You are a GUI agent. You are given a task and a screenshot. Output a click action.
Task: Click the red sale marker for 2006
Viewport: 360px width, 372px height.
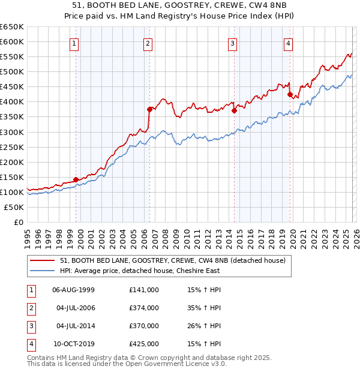pos(149,109)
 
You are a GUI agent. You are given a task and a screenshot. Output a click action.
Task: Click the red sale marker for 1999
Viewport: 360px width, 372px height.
pos(76,179)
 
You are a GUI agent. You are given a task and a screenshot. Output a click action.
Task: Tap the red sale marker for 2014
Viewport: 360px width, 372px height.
pos(234,110)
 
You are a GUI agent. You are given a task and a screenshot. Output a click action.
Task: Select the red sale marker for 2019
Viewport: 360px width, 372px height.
pos(290,94)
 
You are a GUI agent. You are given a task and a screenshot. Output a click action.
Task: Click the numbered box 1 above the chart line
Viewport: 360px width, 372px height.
pos(74,43)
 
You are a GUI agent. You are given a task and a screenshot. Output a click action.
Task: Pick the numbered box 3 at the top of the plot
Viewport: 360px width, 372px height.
pos(232,43)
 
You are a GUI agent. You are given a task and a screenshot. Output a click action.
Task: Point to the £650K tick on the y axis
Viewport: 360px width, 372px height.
pos(12,27)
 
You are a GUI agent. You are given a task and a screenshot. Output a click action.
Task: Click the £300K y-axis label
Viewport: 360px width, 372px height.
pos(12,132)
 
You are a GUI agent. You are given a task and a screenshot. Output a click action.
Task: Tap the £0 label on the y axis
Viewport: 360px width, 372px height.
pos(18,222)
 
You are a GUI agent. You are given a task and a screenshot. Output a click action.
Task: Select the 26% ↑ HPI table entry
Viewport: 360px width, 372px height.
pos(204,326)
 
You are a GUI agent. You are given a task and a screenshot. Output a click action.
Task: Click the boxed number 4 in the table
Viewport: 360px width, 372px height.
pos(30,344)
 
